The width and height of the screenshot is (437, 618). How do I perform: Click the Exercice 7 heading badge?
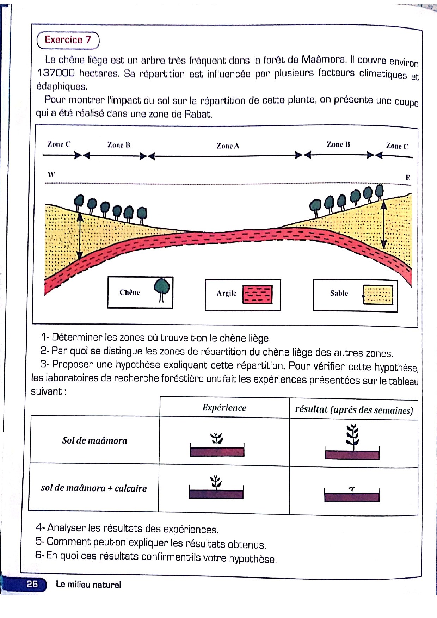68,40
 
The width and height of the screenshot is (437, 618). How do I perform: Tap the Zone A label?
228,146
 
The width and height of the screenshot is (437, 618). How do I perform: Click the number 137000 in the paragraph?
56,73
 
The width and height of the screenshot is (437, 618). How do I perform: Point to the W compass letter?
51,174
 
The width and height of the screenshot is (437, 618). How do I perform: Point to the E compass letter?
408,178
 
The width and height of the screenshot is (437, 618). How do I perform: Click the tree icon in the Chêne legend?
162,289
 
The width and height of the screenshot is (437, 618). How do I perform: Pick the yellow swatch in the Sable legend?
378,295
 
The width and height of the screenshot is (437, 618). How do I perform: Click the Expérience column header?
224,408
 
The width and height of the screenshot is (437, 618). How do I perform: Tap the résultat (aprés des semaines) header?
354,410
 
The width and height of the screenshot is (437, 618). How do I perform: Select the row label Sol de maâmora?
94,440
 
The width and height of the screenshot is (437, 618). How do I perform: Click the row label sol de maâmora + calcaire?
94,488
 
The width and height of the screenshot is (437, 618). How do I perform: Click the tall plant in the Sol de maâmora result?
352,437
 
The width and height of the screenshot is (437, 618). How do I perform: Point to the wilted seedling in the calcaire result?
351,489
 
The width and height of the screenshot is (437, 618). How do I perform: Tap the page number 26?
32,584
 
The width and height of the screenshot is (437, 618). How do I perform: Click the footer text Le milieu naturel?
88,585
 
